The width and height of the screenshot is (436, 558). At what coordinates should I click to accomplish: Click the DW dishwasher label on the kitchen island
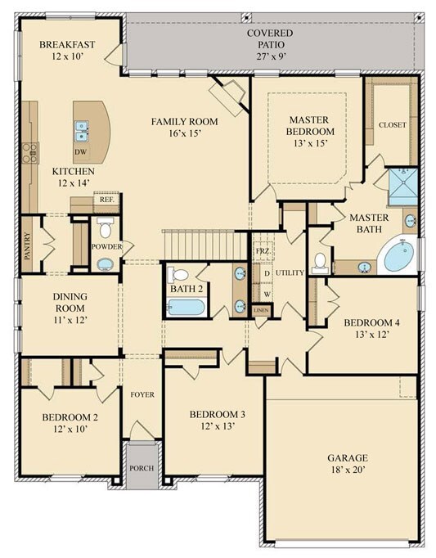pos(81,152)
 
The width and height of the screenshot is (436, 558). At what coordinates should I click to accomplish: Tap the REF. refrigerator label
pos(107,200)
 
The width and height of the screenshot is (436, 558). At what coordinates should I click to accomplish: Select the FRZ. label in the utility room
pos(263,251)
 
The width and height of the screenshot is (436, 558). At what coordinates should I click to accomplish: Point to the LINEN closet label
pos(261,310)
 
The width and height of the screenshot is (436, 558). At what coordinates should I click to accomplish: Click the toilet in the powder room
pos(105,227)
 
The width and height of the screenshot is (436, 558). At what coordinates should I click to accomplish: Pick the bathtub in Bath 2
pos(187,307)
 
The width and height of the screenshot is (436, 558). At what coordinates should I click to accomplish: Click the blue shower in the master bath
pos(403,187)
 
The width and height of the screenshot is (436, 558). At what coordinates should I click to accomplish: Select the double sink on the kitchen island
pos(82,131)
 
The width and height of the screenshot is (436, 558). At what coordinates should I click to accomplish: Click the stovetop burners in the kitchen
pos(30,153)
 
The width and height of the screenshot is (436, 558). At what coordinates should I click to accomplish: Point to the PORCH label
pos(142,468)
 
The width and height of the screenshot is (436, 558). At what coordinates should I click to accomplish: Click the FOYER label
pos(142,394)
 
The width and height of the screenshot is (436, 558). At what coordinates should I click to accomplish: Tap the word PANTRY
pos(28,245)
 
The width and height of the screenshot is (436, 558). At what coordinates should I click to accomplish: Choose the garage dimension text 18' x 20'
pos(348,470)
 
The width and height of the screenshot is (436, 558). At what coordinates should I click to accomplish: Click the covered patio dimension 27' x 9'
pos(272,56)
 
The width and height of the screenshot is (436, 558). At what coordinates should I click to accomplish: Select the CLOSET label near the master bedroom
pos(392,125)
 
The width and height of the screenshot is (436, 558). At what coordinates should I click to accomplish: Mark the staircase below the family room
pos(205,245)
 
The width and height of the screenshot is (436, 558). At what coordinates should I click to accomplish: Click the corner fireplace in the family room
pos(227,96)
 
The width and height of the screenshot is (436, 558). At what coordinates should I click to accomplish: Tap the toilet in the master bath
pos(320,263)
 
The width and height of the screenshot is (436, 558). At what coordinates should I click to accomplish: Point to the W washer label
pos(267,295)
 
